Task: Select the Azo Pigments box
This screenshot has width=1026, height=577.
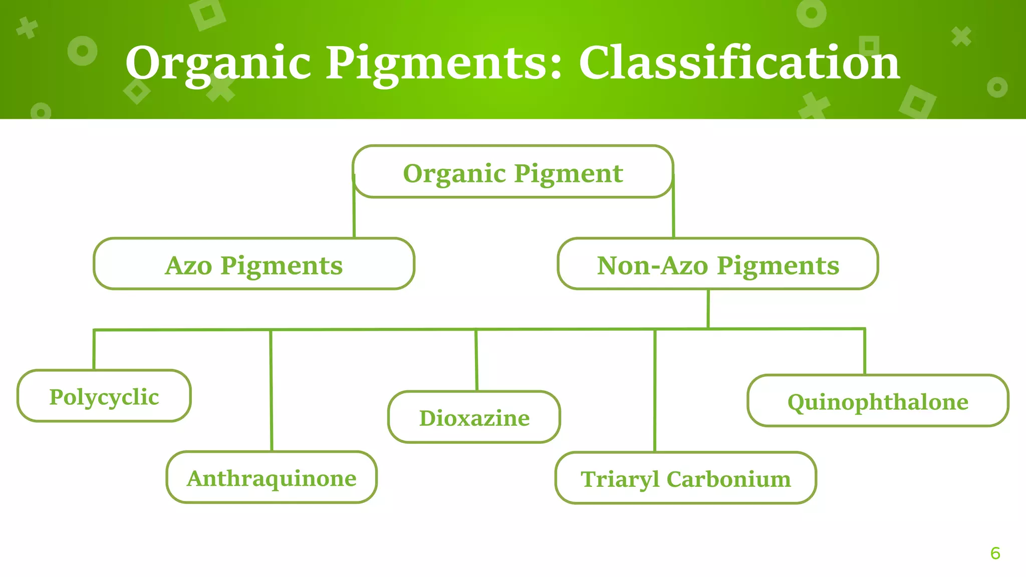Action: (x=254, y=264)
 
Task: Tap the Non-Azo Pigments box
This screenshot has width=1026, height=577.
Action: (x=717, y=264)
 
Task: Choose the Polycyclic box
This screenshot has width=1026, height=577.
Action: (x=104, y=396)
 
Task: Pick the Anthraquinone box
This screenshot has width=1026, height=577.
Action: (x=272, y=477)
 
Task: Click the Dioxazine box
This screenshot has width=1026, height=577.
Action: (x=474, y=417)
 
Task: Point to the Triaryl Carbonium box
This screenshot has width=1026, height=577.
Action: (x=685, y=478)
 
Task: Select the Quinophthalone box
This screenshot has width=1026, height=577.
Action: (x=878, y=401)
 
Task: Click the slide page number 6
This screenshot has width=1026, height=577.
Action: (x=995, y=553)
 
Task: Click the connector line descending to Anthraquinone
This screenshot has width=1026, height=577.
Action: (x=271, y=391)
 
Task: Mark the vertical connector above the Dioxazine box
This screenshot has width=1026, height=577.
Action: (x=476, y=361)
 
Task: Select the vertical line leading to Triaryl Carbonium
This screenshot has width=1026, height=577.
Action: (x=655, y=391)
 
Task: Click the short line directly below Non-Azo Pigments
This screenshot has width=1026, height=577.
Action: (x=708, y=309)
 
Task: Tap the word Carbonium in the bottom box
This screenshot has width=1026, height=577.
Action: (x=729, y=479)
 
